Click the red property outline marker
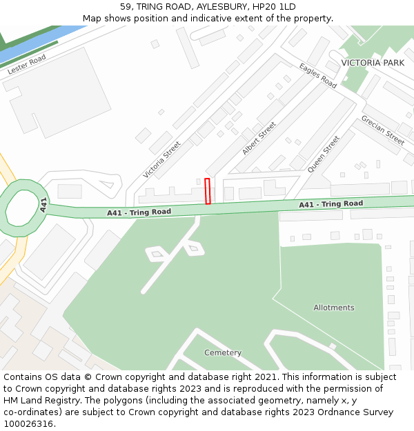(x=208, y=191)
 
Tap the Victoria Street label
(x=161, y=160)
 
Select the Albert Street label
(x=259, y=139)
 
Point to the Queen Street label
(x=324, y=154)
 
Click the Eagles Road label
(x=318, y=76)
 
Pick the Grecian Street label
(x=382, y=130)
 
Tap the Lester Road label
(x=27, y=65)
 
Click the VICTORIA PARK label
(x=373, y=63)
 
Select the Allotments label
(x=334, y=308)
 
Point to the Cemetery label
(x=223, y=353)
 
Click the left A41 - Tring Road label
(x=139, y=212)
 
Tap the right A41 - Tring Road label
(x=331, y=204)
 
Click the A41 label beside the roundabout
(x=43, y=204)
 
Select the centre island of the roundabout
(x=22, y=207)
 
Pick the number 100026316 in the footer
(x=28, y=424)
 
